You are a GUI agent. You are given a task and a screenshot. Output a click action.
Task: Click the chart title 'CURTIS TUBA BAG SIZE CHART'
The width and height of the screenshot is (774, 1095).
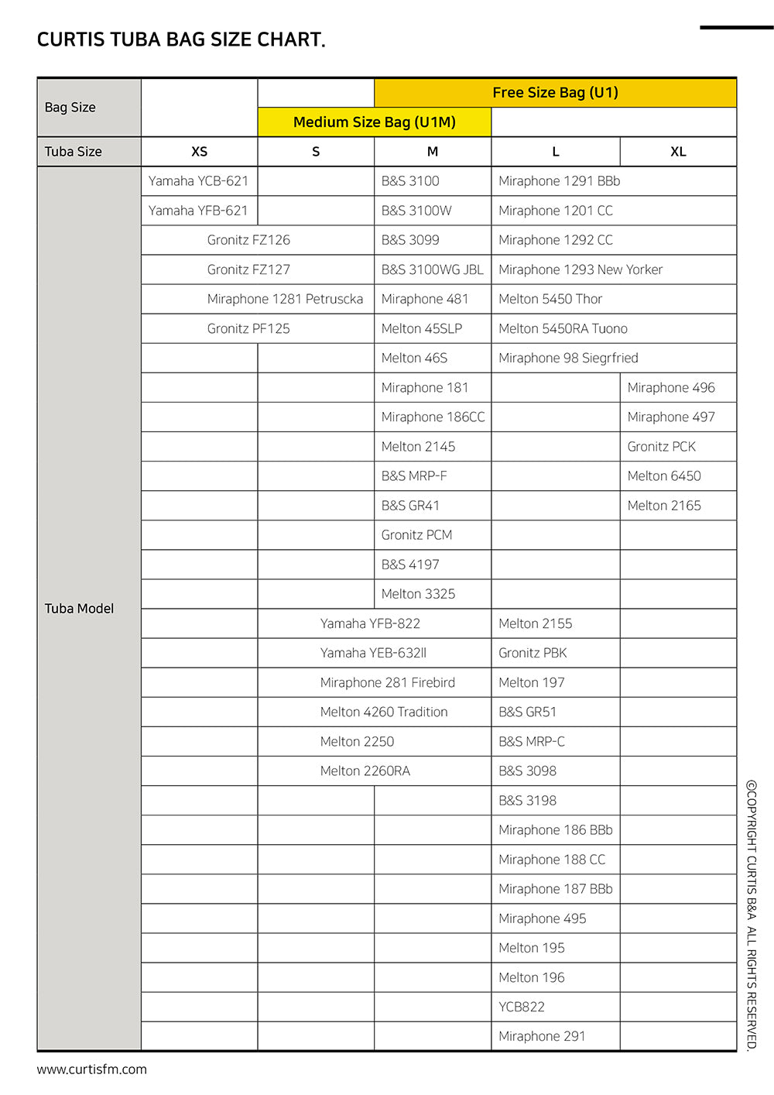(x=181, y=40)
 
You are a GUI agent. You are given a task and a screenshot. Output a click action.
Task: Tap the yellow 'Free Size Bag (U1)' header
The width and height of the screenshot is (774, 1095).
(x=555, y=93)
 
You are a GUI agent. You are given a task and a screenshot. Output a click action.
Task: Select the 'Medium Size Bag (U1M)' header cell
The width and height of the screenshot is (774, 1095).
(x=374, y=122)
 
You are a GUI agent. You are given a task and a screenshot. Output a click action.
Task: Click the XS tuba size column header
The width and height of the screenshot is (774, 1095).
(x=199, y=152)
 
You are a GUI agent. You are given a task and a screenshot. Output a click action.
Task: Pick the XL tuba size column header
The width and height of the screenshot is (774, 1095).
(x=678, y=152)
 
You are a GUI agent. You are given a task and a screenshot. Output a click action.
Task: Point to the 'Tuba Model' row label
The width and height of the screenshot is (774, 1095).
(x=79, y=609)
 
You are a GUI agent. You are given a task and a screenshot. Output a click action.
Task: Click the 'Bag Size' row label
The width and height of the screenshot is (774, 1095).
(x=70, y=108)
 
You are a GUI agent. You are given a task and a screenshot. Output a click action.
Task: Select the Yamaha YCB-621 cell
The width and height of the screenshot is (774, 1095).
(x=198, y=181)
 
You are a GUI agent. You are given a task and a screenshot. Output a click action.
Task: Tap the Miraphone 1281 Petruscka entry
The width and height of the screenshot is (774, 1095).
(x=285, y=299)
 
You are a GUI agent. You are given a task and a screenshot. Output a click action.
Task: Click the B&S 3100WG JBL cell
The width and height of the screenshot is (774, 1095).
(x=432, y=269)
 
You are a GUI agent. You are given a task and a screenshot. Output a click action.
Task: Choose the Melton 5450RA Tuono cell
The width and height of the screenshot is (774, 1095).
(x=563, y=328)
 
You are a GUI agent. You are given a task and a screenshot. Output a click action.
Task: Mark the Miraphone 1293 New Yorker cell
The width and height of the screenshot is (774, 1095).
(x=580, y=269)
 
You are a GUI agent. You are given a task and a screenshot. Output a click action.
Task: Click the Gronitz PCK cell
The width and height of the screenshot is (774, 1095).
(x=662, y=447)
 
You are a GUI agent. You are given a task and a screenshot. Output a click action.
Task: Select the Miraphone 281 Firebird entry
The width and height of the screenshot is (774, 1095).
(x=388, y=682)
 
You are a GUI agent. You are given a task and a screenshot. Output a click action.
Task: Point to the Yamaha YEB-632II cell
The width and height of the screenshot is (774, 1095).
(x=373, y=653)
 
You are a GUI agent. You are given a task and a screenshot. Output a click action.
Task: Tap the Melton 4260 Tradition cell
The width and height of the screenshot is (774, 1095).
(x=384, y=712)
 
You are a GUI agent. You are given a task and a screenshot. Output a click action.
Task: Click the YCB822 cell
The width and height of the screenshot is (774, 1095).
(x=522, y=1007)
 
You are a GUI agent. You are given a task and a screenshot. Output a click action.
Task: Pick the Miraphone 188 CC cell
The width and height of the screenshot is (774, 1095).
(x=552, y=860)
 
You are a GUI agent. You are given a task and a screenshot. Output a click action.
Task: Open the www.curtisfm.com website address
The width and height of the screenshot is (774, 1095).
(x=91, y=1069)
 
